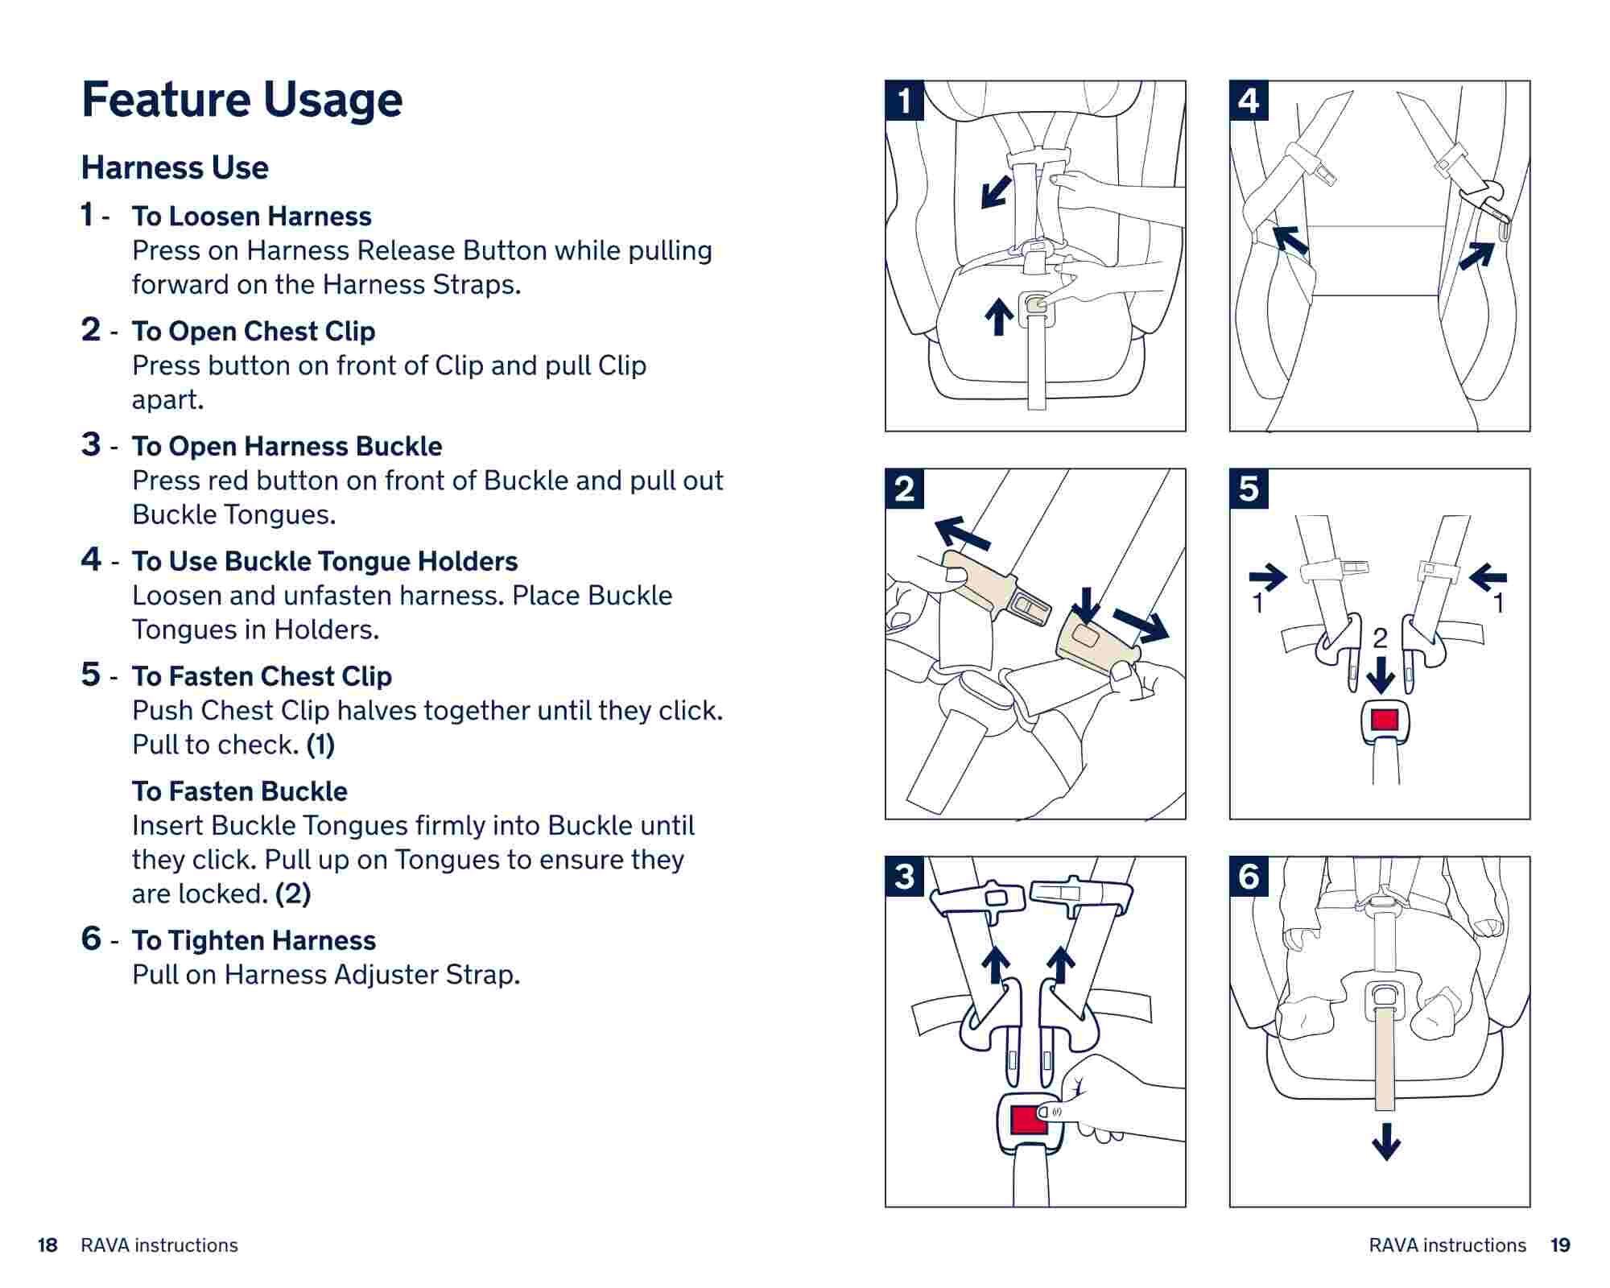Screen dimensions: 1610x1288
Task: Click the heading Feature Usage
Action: click(242, 100)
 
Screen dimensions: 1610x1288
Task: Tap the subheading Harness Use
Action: click(175, 167)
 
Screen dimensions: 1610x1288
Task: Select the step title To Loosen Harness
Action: click(252, 216)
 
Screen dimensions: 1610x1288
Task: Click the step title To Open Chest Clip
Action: click(254, 331)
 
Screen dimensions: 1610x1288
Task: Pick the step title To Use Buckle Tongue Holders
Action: click(325, 561)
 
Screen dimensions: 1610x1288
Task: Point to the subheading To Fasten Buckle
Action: click(240, 791)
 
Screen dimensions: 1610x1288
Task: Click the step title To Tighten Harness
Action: click(254, 940)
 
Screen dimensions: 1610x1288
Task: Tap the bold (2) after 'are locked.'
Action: click(293, 894)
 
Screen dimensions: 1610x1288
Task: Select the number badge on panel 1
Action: click(905, 101)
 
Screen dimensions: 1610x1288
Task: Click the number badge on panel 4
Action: click(1249, 101)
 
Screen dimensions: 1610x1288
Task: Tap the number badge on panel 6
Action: click(1249, 877)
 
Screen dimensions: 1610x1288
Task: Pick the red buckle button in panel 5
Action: click(1385, 719)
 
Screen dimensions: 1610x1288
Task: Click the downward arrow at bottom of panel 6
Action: click(1385, 1141)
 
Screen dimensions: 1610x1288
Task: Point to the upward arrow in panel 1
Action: click(999, 316)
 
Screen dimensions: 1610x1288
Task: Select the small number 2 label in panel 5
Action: click(1380, 638)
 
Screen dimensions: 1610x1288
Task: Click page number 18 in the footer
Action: click(47, 1245)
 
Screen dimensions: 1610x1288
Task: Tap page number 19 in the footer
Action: click(1560, 1245)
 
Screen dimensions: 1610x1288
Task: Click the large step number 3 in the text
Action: click(91, 444)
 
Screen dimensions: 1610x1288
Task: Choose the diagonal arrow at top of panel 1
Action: click(996, 192)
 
